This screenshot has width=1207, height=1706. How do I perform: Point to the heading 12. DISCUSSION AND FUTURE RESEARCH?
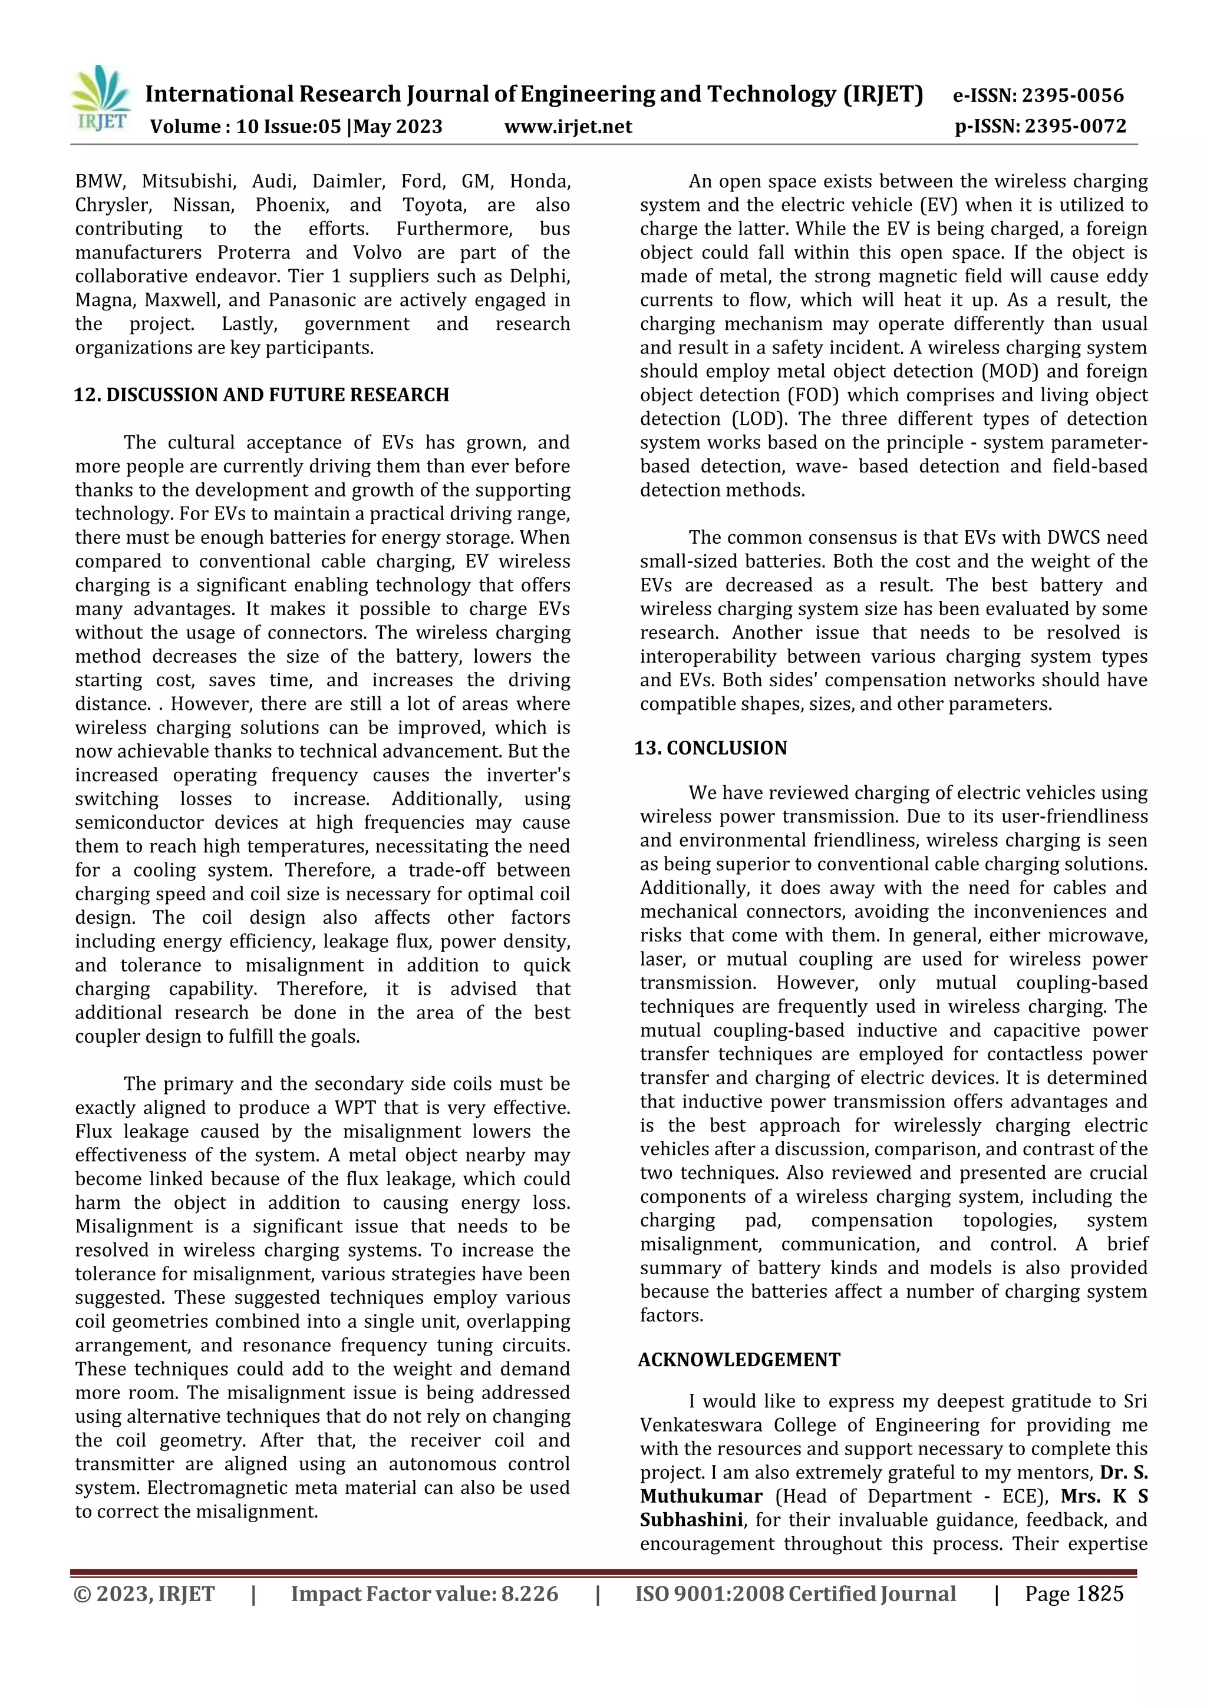point(262,395)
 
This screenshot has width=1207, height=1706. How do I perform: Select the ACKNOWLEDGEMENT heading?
point(739,1360)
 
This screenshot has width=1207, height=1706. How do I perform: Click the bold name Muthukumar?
point(701,1496)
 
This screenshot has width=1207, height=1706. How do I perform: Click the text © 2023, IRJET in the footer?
point(144,1594)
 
